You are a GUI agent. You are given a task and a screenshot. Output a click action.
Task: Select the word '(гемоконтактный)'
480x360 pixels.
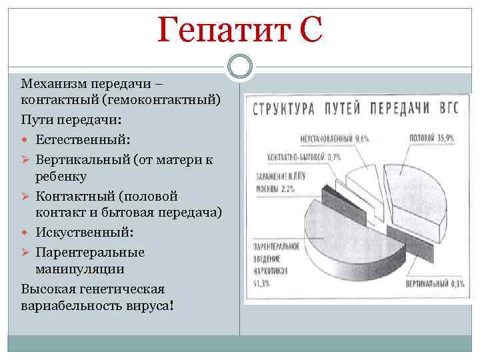point(170,101)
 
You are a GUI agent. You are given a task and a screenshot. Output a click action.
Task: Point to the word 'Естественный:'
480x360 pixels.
point(83,141)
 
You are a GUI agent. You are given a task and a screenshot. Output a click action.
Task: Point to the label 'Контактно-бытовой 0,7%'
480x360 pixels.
point(303,157)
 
